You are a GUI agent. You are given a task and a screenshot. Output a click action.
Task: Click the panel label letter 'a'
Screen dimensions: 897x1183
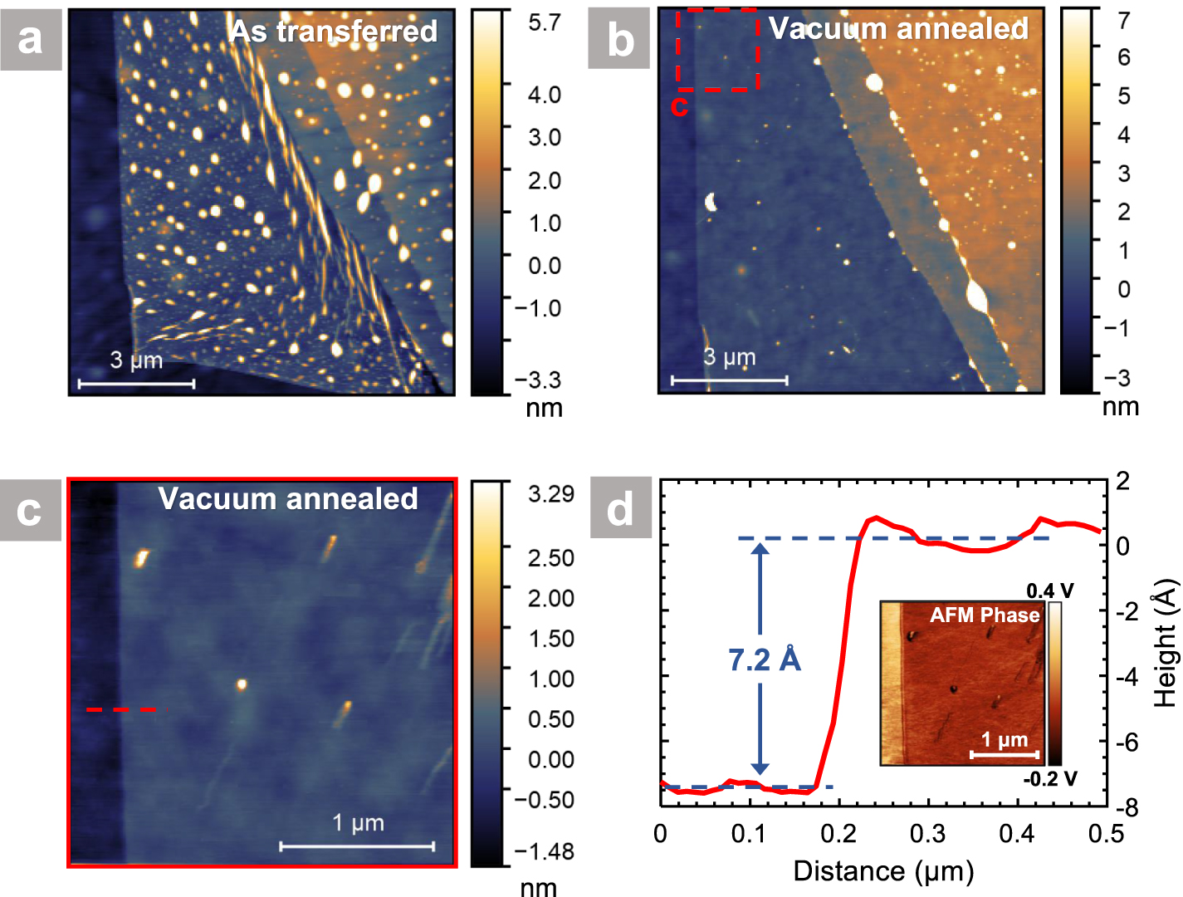point(31,39)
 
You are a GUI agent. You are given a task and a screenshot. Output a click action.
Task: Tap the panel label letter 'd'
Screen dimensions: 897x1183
point(620,508)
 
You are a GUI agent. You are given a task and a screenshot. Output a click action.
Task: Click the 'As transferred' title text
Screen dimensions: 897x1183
point(334,32)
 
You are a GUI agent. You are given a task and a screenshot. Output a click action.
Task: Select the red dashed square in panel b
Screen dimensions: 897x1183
point(717,49)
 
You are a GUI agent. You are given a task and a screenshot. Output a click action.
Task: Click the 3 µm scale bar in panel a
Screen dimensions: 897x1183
point(136,383)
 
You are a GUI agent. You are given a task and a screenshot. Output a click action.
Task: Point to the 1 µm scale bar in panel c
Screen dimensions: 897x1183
point(357,846)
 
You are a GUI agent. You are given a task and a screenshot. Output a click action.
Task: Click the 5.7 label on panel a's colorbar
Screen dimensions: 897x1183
point(545,23)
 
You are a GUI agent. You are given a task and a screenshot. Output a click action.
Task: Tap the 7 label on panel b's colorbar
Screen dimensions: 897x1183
point(1123,20)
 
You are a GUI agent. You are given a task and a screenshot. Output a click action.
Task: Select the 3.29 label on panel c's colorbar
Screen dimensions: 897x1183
point(551,494)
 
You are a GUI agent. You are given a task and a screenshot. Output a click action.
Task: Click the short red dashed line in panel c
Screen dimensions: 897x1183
point(121,710)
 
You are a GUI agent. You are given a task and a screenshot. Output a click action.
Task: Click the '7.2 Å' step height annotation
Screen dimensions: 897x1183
point(764,660)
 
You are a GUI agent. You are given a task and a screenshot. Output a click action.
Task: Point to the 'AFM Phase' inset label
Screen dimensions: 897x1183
point(985,615)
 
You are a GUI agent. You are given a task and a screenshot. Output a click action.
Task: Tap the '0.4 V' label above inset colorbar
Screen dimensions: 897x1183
point(1049,591)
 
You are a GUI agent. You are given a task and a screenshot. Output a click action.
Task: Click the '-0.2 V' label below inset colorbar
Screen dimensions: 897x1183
point(1049,779)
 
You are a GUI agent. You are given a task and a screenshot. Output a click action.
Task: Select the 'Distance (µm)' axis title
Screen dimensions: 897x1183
point(883,871)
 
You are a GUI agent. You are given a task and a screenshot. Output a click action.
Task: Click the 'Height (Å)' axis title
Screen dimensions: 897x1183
point(1166,644)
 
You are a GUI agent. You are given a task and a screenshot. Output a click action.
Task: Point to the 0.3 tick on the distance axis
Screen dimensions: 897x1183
point(927,834)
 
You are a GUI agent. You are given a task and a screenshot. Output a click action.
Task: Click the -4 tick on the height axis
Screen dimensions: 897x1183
point(1126,677)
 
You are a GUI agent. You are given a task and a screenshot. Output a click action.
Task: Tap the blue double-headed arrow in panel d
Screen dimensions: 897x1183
point(760,659)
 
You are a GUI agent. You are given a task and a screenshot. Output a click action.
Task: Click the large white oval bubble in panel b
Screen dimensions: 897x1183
point(976,296)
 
